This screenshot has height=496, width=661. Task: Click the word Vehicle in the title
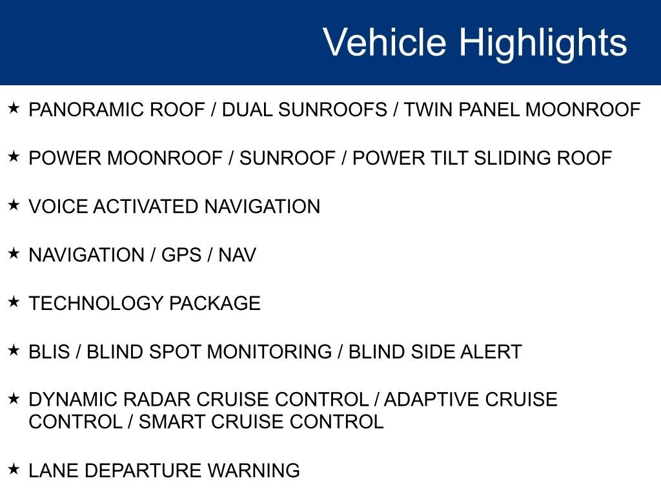coord(385,42)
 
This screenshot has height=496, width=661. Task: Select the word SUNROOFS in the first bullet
coord(332,110)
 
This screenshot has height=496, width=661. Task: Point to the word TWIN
coord(429,110)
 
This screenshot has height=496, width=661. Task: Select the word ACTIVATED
coord(146,207)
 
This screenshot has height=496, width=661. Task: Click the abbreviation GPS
coord(181,255)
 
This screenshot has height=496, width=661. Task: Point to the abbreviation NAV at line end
coord(237,255)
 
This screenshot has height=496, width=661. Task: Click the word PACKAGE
coord(214,304)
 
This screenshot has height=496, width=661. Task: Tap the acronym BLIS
coord(49,352)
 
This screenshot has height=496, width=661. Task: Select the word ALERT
coord(491,352)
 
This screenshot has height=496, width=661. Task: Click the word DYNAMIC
coord(72,399)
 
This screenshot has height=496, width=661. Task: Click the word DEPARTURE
coord(143,471)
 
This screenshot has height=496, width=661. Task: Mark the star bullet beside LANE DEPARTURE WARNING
coord(14,468)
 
